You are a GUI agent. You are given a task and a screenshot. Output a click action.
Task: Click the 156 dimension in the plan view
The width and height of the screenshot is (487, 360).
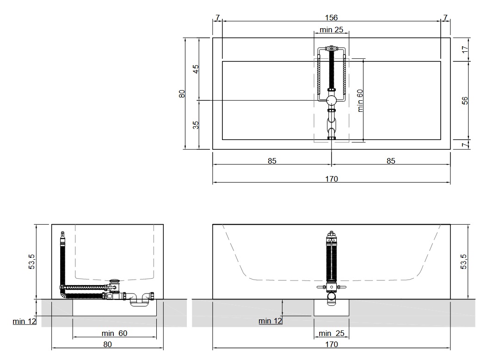point(332,18)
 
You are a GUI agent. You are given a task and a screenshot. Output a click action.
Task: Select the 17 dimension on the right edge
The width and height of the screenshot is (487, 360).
point(465,49)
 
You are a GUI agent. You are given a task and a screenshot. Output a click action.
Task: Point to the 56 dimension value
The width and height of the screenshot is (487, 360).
point(465,101)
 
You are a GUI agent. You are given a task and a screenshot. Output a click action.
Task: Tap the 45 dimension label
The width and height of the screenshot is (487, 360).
point(196,68)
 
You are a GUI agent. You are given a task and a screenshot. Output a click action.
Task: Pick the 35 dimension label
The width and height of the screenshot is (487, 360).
point(196,125)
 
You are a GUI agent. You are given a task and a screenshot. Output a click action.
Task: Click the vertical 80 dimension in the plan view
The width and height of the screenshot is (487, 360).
point(182,93)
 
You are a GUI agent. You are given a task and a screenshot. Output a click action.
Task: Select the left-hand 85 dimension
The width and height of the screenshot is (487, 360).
point(272,161)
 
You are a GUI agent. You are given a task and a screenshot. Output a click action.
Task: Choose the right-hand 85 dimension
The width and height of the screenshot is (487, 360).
point(391,161)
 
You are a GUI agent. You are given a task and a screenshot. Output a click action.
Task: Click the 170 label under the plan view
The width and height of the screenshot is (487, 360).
point(332,179)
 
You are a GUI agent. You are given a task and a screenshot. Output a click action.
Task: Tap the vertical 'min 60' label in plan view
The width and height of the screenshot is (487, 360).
point(360,101)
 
